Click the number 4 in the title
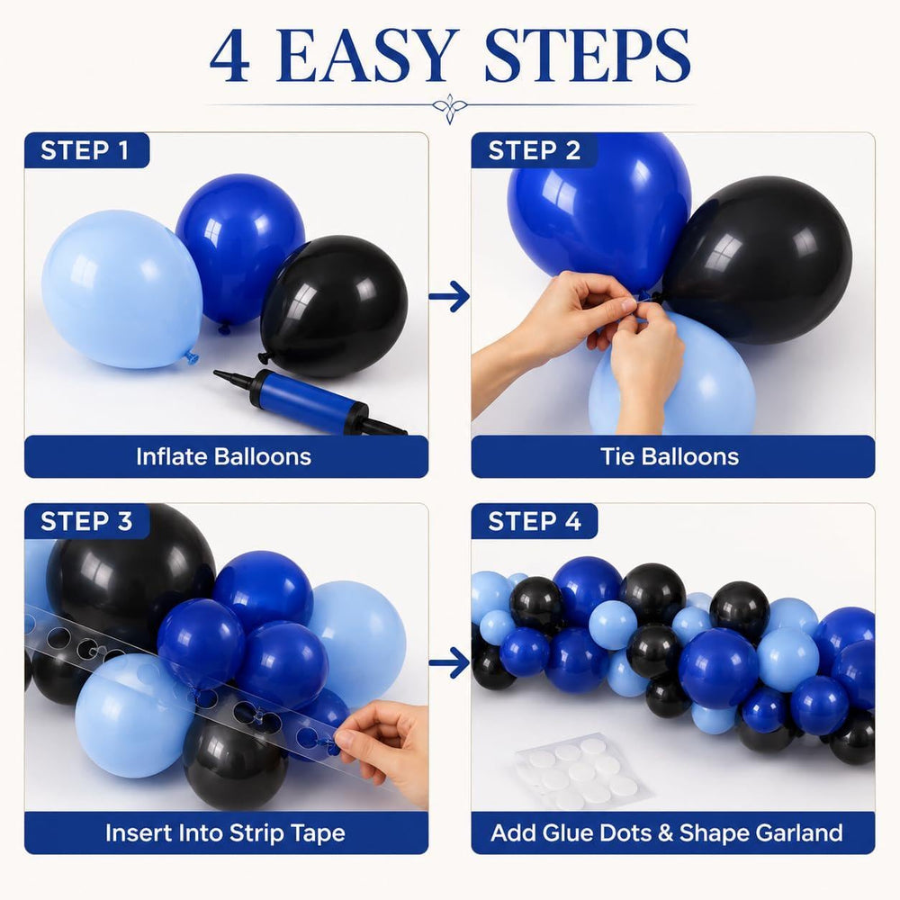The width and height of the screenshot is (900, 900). [229, 56]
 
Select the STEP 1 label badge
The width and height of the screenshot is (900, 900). [86, 150]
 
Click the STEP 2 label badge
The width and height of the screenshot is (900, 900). [535, 150]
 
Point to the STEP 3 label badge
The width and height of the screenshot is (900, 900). [86, 521]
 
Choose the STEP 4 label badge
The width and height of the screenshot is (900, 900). [535, 521]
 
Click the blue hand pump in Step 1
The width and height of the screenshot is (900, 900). [310, 401]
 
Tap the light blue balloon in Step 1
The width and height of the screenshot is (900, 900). [121, 289]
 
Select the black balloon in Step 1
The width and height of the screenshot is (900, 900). [334, 305]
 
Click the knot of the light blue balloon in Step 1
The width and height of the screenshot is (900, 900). [191, 357]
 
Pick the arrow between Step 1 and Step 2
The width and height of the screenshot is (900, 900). [449, 296]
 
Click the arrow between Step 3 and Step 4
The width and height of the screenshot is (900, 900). [449, 663]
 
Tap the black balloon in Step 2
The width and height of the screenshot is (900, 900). [758, 259]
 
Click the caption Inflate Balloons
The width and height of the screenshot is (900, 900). [224, 457]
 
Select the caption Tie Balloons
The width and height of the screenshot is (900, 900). [670, 457]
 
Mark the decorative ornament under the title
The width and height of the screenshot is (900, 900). [450, 107]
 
